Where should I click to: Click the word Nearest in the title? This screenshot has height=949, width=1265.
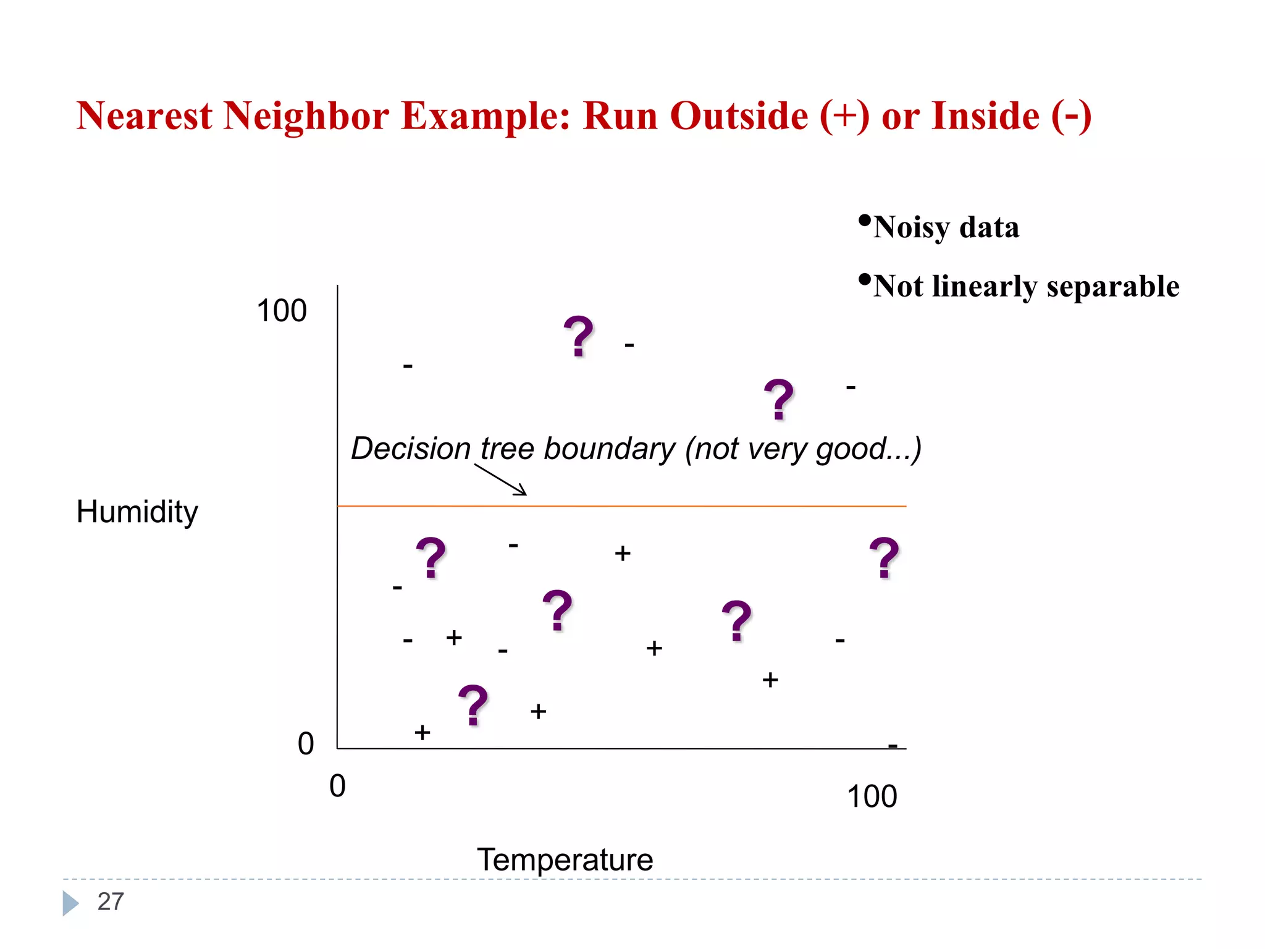[144, 116]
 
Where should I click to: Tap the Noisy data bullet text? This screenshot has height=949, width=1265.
[946, 227]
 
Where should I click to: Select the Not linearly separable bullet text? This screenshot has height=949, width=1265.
[1026, 286]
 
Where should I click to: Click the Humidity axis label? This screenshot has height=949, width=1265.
[137, 512]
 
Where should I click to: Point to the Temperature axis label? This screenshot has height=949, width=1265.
[565, 859]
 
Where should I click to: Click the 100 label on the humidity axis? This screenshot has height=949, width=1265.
[282, 311]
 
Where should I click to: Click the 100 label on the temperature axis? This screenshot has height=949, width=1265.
[872, 796]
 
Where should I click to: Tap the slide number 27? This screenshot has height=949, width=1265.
[111, 901]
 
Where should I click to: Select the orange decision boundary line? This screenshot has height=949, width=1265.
[679, 506]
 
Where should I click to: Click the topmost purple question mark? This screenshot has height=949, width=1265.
[578, 337]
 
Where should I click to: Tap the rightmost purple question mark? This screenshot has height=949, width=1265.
[884, 558]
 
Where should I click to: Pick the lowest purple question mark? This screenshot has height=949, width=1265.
[473, 705]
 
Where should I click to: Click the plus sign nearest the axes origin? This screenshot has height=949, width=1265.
[422, 733]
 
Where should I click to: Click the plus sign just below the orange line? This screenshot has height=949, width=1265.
[623, 554]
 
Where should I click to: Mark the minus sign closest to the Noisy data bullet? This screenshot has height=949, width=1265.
[851, 387]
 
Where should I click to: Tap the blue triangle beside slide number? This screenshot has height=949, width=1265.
[70, 903]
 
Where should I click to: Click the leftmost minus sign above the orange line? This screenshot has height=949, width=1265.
[408, 366]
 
